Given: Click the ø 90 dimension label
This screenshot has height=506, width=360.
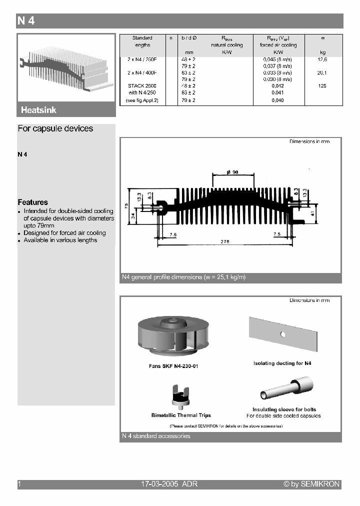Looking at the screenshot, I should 232,172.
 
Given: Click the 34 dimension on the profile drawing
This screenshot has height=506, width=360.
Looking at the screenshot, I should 132,216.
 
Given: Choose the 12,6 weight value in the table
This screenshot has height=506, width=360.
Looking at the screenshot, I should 322,59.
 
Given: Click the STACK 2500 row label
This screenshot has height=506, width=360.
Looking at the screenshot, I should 142,86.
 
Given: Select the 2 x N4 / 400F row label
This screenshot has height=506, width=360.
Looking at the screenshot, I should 142,72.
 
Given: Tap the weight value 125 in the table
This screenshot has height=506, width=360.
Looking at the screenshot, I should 322,86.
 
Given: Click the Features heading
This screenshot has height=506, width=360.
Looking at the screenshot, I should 33,202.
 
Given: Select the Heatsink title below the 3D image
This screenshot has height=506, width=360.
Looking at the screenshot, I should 38,110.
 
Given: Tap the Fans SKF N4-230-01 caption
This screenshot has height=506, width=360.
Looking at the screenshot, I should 173,366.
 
